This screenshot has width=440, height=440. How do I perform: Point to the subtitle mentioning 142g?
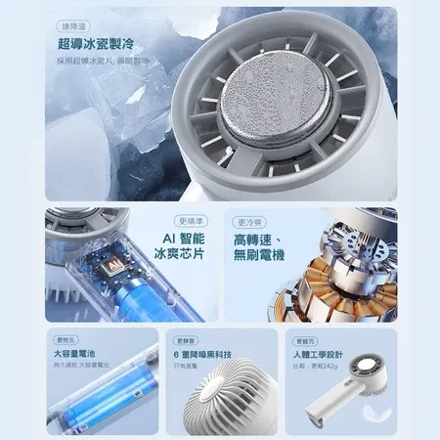pos(316,368)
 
